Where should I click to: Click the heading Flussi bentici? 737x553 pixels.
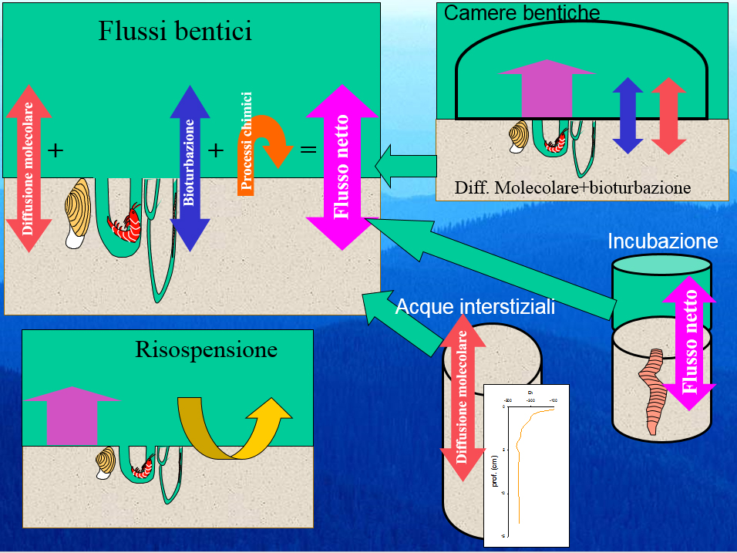tap(175, 32)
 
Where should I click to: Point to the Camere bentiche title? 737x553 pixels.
tap(522, 12)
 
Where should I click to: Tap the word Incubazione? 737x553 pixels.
tap(662, 241)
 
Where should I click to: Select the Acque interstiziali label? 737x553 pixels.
tap(475, 308)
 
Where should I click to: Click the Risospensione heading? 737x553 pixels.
tap(206, 350)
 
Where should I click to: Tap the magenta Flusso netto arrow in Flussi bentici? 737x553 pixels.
tap(342, 167)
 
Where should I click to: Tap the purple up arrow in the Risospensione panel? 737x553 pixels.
tap(71, 416)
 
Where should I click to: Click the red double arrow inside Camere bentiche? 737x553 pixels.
tap(668, 115)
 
